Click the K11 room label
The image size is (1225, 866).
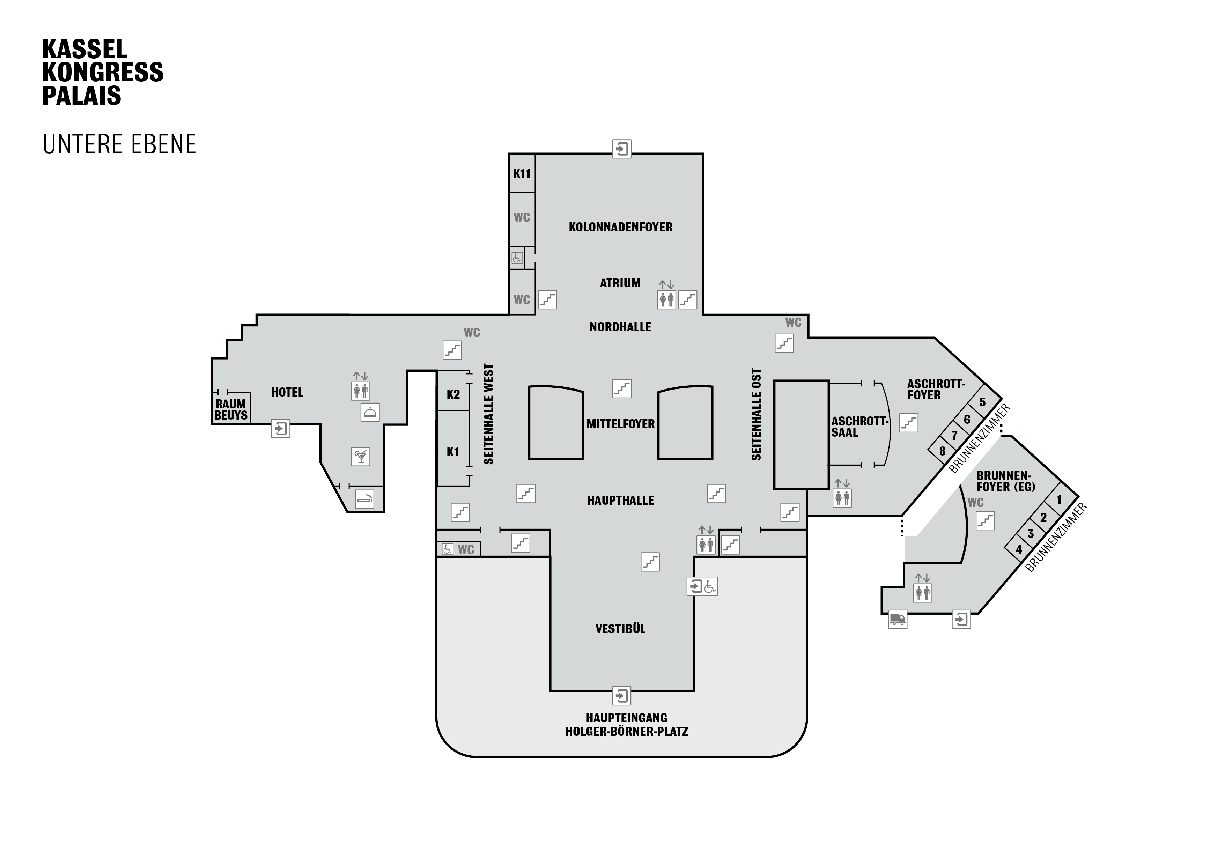click(x=522, y=173)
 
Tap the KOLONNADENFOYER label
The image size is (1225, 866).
click(x=620, y=227)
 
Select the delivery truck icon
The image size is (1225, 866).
click(x=898, y=620)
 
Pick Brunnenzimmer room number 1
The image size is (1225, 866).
click(x=1059, y=500)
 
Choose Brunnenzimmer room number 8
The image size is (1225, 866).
click(x=942, y=451)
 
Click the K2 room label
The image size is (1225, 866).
click(x=453, y=394)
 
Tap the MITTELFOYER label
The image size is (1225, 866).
click(x=620, y=424)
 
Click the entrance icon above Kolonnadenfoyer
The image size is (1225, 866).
click(x=621, y=149)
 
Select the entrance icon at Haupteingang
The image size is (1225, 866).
click(x=621, y=696)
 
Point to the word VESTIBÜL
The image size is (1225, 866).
click(x=620, y=629)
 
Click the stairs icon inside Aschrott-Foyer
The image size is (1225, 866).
click(x=909, y=423)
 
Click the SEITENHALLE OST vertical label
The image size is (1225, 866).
click(x=756, y=414)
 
